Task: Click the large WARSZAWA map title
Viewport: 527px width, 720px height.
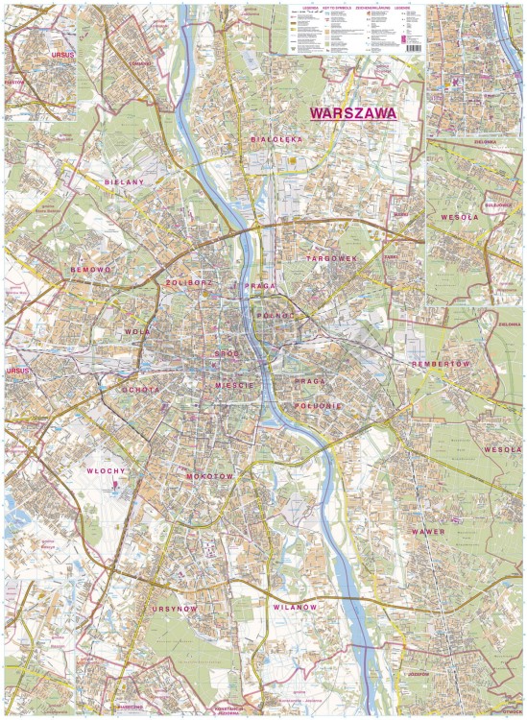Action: tap(353, 111)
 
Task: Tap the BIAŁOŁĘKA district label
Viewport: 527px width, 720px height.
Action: tap(276, 139)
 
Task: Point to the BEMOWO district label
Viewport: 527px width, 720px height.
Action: tap(91, 271)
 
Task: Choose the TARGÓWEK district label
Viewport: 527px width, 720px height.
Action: tap(331, 259)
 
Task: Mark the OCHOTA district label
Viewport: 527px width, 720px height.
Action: tap(140, 390)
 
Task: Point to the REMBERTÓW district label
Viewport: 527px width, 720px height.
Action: tap(438, 365)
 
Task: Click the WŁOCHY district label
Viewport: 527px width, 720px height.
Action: tap(107, 471)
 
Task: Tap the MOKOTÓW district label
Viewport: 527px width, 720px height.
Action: tap(209, 476)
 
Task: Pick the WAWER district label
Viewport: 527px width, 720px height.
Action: tap(428, 531)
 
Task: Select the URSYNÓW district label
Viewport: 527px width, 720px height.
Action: tap(174, 609)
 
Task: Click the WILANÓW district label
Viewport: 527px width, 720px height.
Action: tap(292, 608)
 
